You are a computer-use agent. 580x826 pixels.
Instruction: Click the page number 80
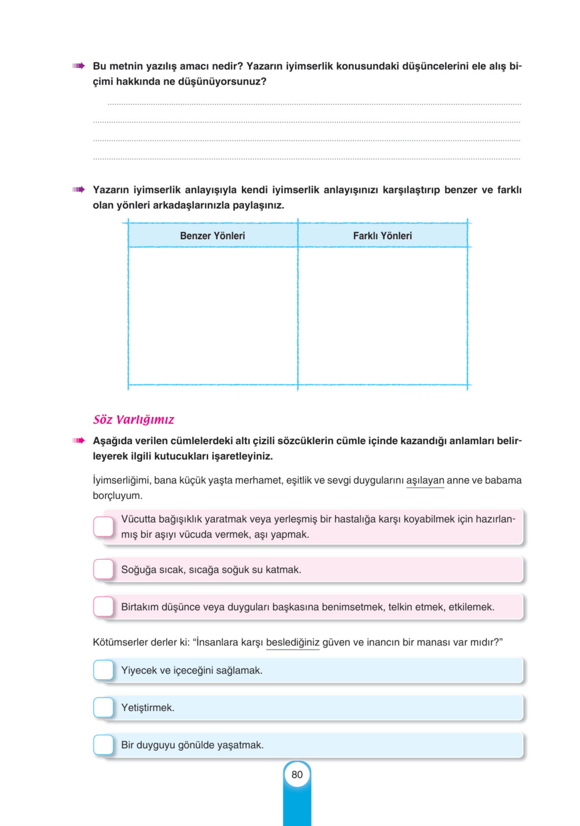coord(297,774)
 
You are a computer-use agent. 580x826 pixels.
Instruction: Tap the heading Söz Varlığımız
coord(134,419)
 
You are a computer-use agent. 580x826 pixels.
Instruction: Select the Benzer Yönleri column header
coord(212,236)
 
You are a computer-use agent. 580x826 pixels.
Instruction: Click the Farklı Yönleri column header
coord(382,236)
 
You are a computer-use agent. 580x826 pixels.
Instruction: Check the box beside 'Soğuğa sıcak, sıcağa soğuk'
coord(104,569)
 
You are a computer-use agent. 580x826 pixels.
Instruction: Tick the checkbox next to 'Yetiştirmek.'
coord(104,707)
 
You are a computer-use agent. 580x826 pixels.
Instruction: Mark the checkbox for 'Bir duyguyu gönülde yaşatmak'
coord(104,745)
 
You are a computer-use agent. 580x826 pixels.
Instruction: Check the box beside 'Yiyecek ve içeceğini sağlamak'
coord(104,670)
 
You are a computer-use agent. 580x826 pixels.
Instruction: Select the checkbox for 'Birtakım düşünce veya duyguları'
coord(104,607)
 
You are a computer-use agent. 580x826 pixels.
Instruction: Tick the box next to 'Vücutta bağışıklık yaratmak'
coord(104,527)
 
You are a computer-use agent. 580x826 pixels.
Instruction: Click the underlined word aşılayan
coord(425,480)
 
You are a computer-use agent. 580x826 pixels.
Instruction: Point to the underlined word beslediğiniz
coord(292,642)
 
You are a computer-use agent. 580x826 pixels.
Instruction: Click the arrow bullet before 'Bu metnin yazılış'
coord(78,66)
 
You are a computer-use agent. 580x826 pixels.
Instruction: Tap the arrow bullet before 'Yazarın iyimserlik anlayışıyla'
coord(78,189)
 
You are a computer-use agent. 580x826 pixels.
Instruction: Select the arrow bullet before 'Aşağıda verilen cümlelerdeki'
coord(78,440)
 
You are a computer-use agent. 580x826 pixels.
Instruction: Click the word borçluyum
coord(117,496)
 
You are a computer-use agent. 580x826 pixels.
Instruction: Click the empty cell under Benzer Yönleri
coord(213,316)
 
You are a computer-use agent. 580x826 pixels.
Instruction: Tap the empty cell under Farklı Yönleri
coord(382,316)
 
